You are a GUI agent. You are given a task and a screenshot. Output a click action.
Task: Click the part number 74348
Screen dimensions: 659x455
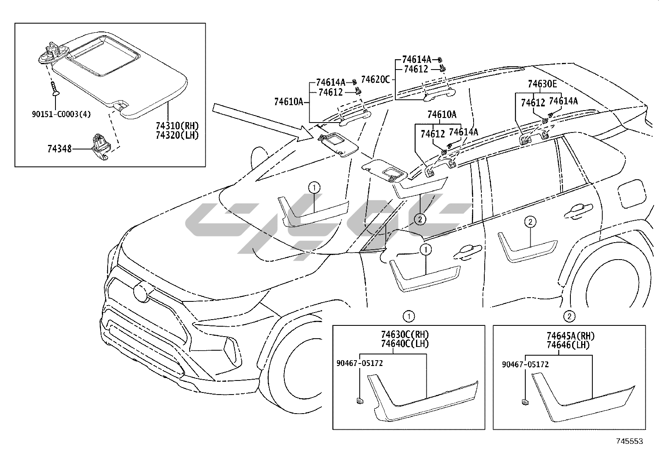coord(60,149)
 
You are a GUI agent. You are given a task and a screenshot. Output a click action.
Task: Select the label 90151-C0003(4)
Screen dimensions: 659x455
coord(62,114)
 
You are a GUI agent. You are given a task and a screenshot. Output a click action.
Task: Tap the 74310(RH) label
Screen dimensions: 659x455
coord(178,126)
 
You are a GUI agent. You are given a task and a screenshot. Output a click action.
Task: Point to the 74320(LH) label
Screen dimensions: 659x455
coord(178,135)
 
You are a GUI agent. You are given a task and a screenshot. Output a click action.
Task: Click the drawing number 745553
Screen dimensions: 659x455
coord(630,441)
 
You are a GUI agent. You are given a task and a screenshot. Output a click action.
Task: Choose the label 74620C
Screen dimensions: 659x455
coord(375,79)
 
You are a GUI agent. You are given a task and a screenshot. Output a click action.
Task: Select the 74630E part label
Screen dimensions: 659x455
coord(542,84)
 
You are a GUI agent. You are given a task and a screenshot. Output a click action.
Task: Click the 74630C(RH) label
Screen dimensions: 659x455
coord(405,335)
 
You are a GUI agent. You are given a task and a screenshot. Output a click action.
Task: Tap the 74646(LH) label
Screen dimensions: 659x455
coord(568,345)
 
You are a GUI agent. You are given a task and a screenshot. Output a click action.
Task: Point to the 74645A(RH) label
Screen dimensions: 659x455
coord(570,336)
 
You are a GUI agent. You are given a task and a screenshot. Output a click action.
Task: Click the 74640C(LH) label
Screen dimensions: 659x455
coord(405,344)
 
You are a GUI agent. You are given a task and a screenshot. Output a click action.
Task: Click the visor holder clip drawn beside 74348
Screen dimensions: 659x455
coord(100,147)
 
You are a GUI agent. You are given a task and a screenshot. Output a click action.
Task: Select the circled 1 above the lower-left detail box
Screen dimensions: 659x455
coord(409,316)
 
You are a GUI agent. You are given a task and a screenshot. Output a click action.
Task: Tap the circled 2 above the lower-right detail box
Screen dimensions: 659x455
coord(569,316)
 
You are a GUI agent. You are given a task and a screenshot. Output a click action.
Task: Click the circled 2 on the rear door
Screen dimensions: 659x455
coord(530,221)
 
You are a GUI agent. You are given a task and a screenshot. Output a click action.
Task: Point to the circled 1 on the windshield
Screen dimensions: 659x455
coord(314,188)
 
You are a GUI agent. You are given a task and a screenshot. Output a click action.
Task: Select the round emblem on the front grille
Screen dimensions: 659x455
coord(141,291)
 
